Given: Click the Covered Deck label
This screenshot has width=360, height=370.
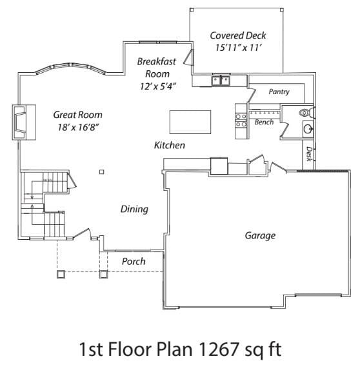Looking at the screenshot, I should [237, 35].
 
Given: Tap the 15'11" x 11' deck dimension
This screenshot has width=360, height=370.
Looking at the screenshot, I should [237, 48].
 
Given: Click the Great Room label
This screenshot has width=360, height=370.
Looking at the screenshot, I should [75, 115].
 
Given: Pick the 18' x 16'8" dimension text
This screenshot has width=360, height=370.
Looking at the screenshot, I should [75, 127].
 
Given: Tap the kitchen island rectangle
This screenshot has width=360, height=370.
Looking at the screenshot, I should [190, 121].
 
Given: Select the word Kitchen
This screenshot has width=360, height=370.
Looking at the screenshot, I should [170, 146].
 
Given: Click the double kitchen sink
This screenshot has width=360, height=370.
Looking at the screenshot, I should [221, 81].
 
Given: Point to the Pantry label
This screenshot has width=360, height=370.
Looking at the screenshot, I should [279, 92].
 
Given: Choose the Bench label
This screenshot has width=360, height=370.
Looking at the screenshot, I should [264, 122].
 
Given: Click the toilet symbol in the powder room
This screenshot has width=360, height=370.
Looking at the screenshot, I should [306, 112].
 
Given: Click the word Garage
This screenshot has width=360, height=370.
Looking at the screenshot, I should [260, 235].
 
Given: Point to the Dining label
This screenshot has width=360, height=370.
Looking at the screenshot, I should [135, 209].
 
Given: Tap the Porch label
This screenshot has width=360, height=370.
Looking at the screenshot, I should [134, 262].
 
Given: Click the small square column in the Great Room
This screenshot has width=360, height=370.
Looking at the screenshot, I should [101, 171].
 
